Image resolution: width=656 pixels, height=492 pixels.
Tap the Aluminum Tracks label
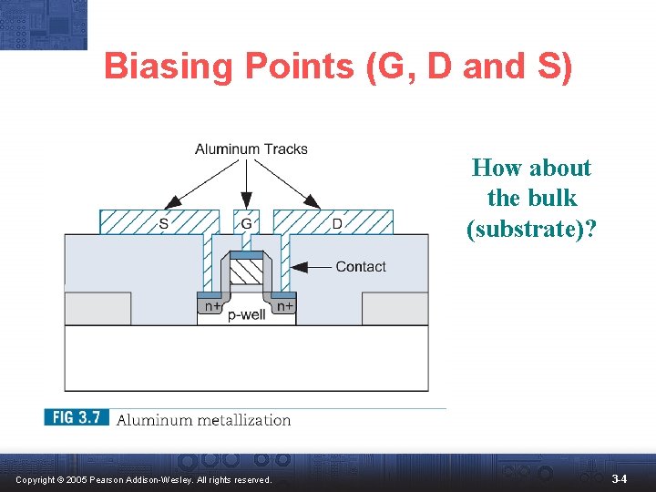tap(251, 149)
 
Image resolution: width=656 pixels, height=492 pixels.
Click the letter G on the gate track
tap(246, 222)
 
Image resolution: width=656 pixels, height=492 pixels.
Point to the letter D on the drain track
tap(337, 222)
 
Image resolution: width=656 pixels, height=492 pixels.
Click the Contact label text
tap(361, 266)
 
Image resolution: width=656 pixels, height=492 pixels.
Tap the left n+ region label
tap(210, 307)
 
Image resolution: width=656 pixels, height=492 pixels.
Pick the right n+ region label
tap(284, 307)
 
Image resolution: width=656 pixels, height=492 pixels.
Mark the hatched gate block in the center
tap(246, 272)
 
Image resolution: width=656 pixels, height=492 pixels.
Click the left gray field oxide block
tap(97, 308)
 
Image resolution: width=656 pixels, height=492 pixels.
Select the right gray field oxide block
tap(395, 308)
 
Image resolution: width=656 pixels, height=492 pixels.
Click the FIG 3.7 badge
tap(77, 418)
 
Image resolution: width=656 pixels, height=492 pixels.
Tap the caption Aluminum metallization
tap(203, 420)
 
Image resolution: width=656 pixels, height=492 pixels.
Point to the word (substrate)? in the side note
tap(531, 228)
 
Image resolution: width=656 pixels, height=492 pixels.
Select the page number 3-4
tap(619, 478)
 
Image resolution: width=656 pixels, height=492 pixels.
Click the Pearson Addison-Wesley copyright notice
tap(143, 479)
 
